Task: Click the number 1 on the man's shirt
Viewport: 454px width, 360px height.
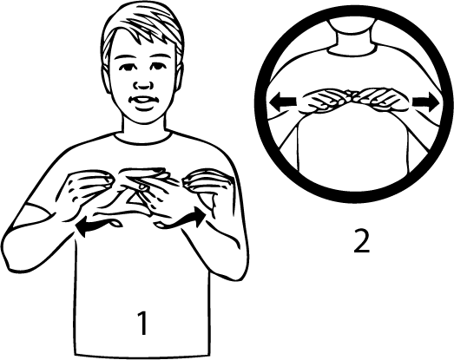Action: click(x=142, y=324)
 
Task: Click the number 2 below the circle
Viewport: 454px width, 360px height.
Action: click(x=362, y=240)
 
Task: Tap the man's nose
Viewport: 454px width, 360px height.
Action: click(x=142, y=84)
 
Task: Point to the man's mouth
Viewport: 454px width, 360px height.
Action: click(x=142, y=101)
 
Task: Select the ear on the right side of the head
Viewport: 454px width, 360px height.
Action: click(x=180, y=75)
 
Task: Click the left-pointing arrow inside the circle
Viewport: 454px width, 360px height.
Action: click(x=283, y=101)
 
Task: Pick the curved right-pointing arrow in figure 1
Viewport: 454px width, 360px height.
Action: click(x=181, y=220)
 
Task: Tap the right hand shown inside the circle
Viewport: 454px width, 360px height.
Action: click(x=383, y=100)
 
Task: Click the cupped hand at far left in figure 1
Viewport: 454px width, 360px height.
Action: click(x=84, y=191)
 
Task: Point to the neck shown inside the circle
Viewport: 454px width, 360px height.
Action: click(x=352, y=37)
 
